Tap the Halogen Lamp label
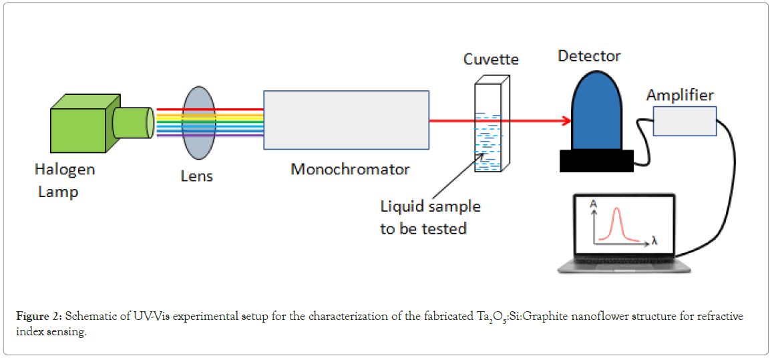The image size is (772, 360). pos(65,180)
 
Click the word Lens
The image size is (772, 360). pos(197,176)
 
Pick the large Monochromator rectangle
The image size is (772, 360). pos(346,120)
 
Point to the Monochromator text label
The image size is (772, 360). pos(350,169)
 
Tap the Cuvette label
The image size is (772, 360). pos(491,59)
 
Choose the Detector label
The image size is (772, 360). pos(589,56)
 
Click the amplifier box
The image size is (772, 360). pos(685,121)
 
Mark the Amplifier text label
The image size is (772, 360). pos(680,96)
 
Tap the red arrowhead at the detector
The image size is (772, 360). pos(566,121)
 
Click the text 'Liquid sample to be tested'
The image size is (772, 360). pos(430,217)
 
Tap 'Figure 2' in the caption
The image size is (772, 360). pos(39,317)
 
